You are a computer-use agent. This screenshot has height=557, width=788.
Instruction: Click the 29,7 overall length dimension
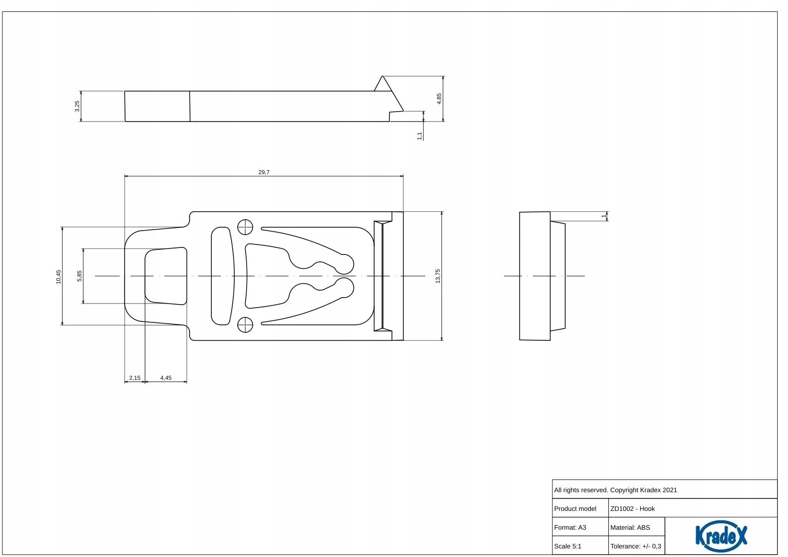263,172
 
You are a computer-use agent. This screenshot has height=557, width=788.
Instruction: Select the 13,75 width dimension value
438,276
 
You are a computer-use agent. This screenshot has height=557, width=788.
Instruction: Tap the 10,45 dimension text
59,276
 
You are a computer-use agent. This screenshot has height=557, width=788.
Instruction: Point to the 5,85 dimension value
79,276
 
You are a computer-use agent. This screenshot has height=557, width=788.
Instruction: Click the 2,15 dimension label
134,378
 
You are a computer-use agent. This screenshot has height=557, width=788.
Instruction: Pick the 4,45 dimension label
166,378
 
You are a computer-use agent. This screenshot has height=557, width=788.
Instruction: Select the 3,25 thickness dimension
77,106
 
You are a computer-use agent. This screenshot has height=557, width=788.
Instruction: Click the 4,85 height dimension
439,99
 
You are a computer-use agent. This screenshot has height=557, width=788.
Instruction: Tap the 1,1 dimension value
420,135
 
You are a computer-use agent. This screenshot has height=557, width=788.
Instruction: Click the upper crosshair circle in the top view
245,227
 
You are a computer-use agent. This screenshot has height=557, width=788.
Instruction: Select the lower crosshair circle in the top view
245,325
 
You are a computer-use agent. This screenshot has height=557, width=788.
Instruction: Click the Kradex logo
721,536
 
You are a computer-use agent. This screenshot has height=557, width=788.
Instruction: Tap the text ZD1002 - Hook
632,508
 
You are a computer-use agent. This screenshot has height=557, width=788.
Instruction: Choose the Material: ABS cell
630,527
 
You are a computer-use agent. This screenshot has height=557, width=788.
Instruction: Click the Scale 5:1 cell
568,546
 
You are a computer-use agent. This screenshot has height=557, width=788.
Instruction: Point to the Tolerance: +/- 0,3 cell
636,546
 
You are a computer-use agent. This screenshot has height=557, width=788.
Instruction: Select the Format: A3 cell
570,527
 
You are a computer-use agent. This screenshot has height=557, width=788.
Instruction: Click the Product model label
575,508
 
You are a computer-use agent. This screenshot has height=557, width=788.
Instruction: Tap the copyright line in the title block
615,490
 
